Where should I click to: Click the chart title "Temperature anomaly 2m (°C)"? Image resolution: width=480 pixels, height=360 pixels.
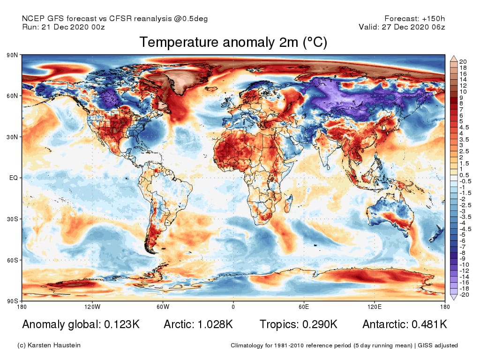[233, 43]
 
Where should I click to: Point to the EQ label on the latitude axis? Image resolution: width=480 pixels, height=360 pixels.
[14, 178]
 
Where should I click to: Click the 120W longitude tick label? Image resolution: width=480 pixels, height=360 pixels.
[92, 307]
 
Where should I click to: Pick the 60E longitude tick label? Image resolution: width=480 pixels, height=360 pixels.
[304, 307]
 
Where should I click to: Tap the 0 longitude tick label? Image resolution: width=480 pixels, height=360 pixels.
[233, 307]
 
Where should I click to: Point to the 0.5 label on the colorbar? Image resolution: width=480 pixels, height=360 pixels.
[465, 175]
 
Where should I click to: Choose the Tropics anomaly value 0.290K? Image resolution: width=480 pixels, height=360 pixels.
[317, 324]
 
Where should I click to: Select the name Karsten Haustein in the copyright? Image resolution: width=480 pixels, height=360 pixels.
[54, 345]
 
